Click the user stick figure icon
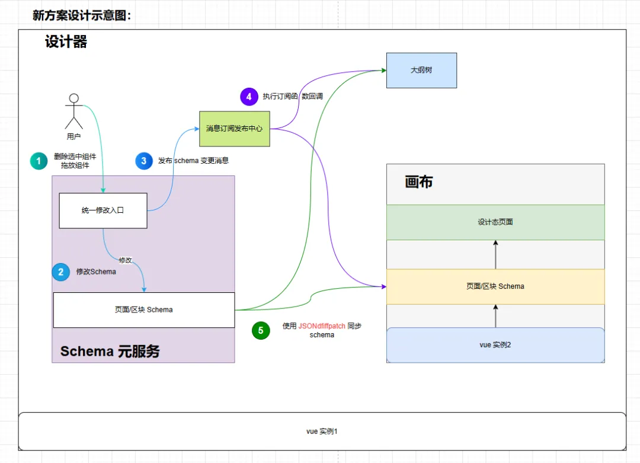pyautogui.click(x=73, y=111)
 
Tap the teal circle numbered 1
pyautogui.click(x=39, y=161)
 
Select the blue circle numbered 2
pyautogui.click(x=60, y=272)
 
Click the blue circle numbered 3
pyautogui.click(x=144, y=161)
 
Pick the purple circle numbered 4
pyautogui.click(x=249, y=96)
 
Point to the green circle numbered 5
pyautogui.click(x=261, y=330)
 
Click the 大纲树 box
pyautogui.click(x=421, y=70)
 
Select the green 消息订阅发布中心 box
pyautogui.click(x=234, y=129)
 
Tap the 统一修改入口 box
pyautogui.click(x=103, y=210)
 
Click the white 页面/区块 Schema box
pyautogui.click(x=143, y=309)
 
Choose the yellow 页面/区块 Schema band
pyautogui.click(x=495, y=286)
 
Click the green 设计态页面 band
pyautogui.click(x=495, y=222)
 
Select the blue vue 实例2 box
pyautogui.click(x=495, y=344)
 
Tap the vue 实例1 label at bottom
pyautogui.click(x=322, y=431)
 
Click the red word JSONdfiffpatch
pyautogui.click(x=322, y=326)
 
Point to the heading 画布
pyautogui.click(x=418, y=182)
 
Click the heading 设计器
pyautogui.click(x=66, y=42)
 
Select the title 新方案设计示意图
pyautogui.click(x=81, y=15)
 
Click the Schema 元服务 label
pyautogui.click(x=110, y=351)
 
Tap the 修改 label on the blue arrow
pyautogui.click(x=125, y=260)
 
